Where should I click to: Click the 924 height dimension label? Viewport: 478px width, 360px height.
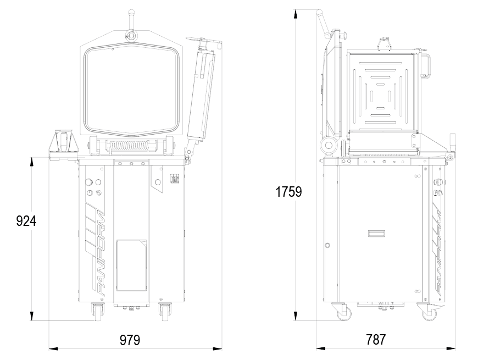26,221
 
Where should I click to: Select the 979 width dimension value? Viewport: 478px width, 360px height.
130,340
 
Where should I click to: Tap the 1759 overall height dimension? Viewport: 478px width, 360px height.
288,192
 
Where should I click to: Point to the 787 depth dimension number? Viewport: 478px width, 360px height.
376,339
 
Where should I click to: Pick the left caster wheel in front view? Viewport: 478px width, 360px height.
98,312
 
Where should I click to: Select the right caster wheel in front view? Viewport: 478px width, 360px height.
165,312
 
